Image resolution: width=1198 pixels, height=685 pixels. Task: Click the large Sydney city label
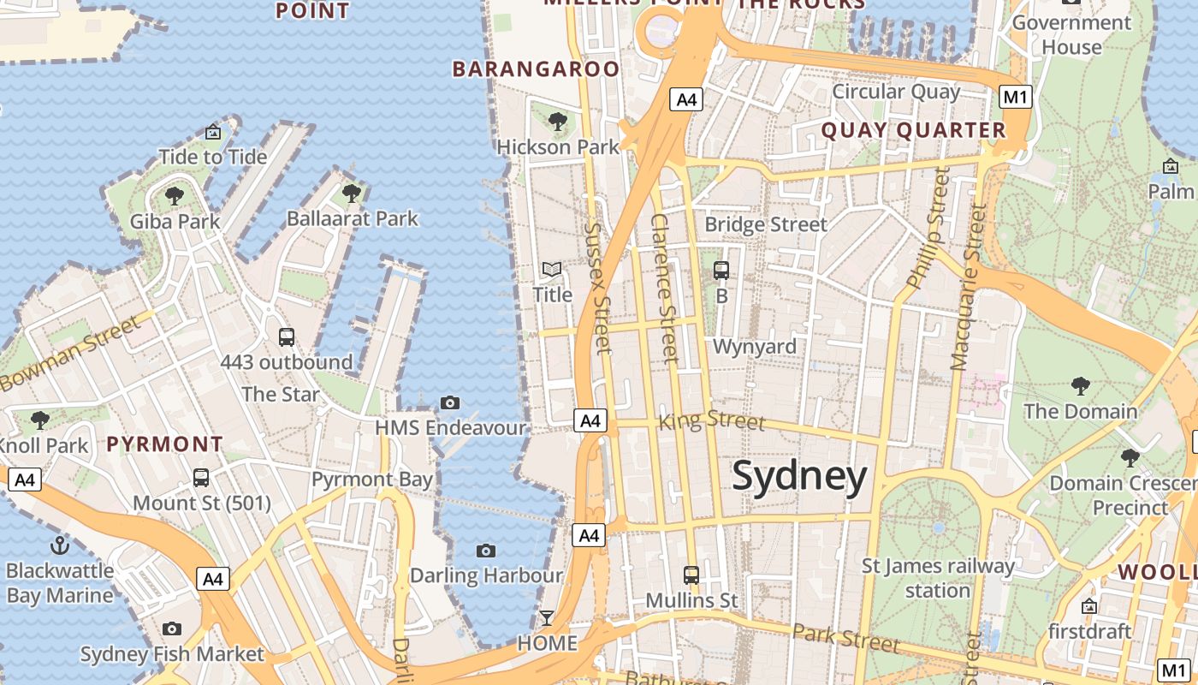[x=799, y=476]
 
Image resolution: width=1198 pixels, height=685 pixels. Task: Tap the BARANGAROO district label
[x=536, y=69]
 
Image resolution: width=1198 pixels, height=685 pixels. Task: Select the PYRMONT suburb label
[x=165, y=444]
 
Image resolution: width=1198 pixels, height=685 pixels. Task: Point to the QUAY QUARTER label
[x=914, y=130]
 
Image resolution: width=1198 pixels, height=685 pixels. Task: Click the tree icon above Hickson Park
[x=558, y=122]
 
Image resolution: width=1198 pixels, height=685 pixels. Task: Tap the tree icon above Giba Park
[x=175, y=196]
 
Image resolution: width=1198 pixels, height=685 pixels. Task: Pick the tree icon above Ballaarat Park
[x=352, y=194]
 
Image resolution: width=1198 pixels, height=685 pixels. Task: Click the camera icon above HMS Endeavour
[x=450, y=402]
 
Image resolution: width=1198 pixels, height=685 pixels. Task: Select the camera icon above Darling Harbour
[x=486, y=551]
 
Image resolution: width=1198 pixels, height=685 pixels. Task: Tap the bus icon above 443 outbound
[x=287, y=337]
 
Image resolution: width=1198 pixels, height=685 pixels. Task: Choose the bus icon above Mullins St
[x=691, y=575]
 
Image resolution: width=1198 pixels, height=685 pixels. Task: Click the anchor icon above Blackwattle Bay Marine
[x=60, y=545]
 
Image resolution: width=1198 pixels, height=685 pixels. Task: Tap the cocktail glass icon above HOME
[x=547, y=617]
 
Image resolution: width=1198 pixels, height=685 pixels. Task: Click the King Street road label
[x=711, y=420]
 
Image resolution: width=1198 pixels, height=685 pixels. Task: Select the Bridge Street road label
[x=766, y=224]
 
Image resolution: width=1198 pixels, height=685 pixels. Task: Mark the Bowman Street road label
[x=69, y=354]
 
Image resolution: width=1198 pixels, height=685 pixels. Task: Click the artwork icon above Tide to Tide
[x=213, y=133]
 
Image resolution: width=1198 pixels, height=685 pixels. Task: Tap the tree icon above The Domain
[x=1081, y=386]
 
